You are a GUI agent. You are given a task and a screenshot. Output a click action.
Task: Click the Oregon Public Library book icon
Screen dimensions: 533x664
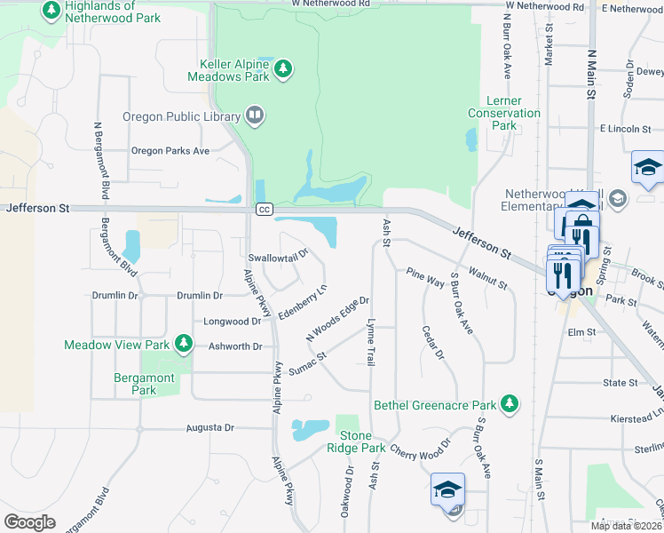click(254, 115)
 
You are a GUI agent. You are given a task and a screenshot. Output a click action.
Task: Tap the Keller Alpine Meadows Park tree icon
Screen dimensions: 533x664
click(283, 68)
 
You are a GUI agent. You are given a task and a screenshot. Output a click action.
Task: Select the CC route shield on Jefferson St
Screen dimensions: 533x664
click(264, 209)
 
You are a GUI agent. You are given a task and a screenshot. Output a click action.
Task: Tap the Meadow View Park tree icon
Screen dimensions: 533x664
click(184, 343)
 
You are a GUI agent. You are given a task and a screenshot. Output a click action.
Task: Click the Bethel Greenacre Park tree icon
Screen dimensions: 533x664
click(509, 404)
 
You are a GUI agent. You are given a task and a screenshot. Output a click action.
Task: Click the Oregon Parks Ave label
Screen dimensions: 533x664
click(170, 151)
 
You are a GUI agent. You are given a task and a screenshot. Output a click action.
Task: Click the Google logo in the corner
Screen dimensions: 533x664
click(29, 521)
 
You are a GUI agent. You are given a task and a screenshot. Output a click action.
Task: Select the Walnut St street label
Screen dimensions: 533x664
click(487, 279)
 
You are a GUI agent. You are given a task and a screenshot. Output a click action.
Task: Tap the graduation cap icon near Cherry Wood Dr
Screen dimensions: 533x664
click(447, 489)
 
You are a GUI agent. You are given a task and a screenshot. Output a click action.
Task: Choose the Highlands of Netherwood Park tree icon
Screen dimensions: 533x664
click(51, 11)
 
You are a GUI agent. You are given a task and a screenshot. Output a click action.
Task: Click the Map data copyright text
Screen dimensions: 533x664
click(626, 526)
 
